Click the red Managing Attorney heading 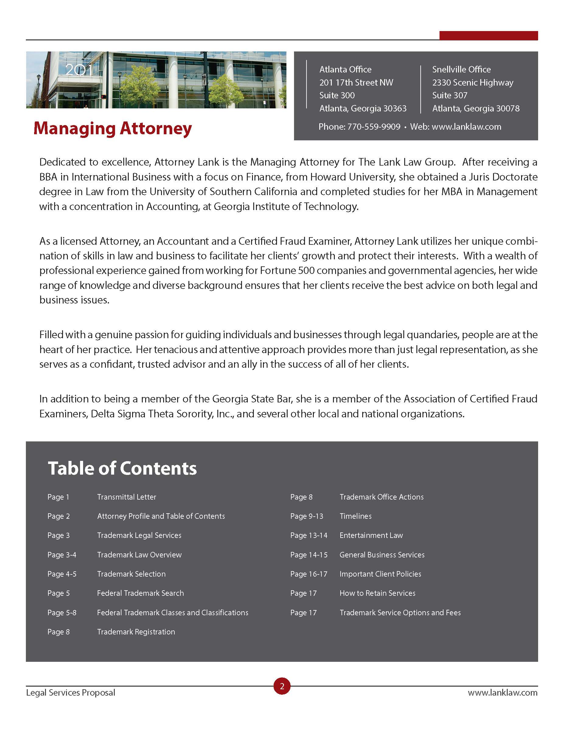tap(113, 128)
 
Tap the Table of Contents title tap(122, 468)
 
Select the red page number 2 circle tap(282, 686)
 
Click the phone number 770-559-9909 tap(373, 127)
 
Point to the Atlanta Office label tap(345, 69)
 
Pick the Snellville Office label tap(461, 69)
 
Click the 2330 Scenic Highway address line tap(472, 82)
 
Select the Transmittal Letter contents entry tap(127, 497)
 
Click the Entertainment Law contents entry tap(371, 535)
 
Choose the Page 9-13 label tap(307, 516)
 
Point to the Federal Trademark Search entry tap(140, 593)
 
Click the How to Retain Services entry tap(377, 593)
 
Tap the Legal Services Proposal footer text tap(71, 693)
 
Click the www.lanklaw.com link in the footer tap(502, 693)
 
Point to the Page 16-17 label tap(308, 574)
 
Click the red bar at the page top tap(488, 36)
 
